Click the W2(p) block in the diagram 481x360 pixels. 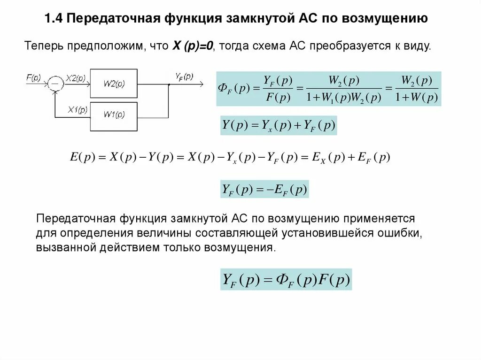coord(114,84)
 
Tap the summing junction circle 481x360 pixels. coord(55,84)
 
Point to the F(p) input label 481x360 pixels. coord(33,78)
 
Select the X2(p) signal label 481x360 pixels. coord(75,78)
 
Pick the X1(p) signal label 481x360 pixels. coord(78,110)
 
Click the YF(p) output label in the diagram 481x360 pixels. coord(184,77)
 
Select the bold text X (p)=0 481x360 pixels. coord(193,46)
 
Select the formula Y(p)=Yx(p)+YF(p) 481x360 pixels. coord(279,126)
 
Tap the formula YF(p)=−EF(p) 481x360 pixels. coord(264,190)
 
